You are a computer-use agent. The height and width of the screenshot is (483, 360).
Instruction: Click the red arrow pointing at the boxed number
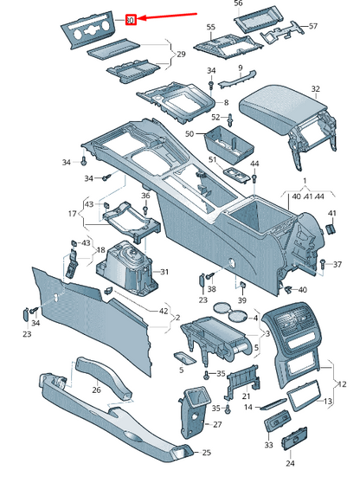tap(167, 16)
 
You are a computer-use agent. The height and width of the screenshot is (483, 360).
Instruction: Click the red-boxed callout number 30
tap(131, 20)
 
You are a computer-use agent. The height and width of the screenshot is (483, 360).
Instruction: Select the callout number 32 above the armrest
tap(315, 89)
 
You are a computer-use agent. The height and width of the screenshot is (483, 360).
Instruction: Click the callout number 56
tap(238, 3)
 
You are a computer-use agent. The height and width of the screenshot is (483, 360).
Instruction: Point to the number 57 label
tap(313, 26)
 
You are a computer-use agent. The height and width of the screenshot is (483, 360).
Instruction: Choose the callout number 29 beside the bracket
tap(181, 55)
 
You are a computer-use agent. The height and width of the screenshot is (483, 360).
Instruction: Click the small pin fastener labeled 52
tap(230, 119)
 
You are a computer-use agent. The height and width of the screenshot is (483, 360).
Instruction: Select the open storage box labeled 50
tap(228, 144)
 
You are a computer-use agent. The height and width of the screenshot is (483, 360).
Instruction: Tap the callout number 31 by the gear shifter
tap(164, 272)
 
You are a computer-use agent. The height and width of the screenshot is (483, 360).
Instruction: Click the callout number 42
tap(164, 311)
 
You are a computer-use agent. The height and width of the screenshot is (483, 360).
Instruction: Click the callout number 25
tap(206, 453)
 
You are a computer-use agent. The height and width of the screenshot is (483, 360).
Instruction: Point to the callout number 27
tap(217, 424)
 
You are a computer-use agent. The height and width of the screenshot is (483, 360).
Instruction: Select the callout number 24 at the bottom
tap(290, 463)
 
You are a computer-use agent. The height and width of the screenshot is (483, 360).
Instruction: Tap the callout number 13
tap(328, 401)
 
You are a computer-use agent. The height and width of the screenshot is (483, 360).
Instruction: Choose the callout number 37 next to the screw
tap(337, 264)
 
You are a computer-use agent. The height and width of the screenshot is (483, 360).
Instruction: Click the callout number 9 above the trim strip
tap(241, 68)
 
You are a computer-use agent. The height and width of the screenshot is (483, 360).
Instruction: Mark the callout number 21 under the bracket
tap(246, 396)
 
